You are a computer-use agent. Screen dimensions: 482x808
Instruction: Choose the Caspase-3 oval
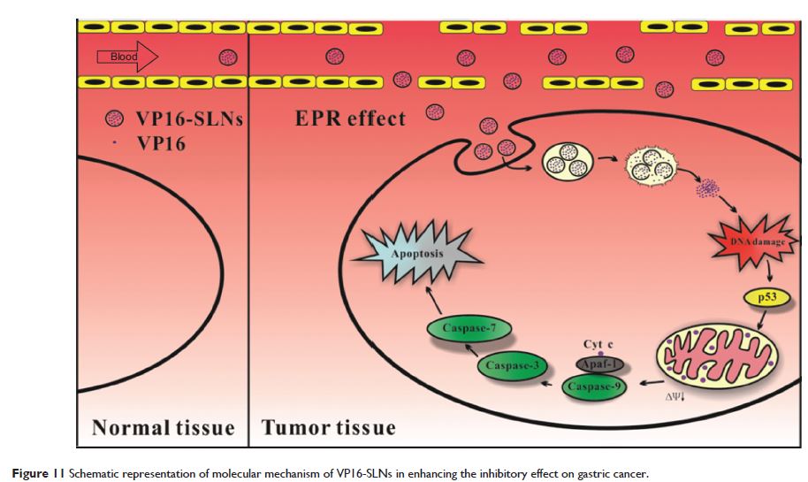[512, 364]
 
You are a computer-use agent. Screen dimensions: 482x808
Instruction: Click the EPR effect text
[350, 119]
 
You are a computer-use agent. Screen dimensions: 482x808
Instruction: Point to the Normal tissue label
[164, 429]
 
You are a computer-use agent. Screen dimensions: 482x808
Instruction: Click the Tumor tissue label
[328, 429]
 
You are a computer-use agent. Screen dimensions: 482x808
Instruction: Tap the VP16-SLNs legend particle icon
[114, 119]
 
